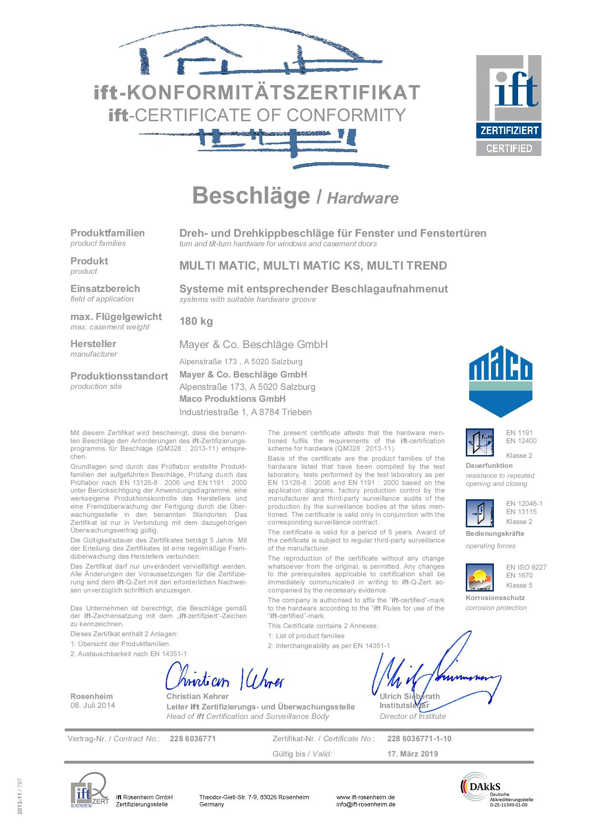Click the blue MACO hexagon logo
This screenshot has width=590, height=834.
(500, 381)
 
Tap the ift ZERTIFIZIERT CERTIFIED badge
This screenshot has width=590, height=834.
(509, 105)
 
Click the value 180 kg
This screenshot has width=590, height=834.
(196, 321)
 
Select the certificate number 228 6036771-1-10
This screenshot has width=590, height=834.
(419, 738)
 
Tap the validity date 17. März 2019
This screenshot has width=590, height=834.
(413, 754)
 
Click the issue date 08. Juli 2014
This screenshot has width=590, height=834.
(93, 705)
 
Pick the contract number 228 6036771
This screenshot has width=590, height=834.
(193, 738)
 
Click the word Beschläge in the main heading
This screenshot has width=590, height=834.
(251, 195)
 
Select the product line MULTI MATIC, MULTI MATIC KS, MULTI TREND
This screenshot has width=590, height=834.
(313, 265)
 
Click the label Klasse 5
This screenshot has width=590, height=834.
(519, 585)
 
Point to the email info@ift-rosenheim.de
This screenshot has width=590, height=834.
(365, 805)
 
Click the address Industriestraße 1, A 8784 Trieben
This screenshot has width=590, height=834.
(246, 412)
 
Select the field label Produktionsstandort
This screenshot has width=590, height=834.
(119, 376)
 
